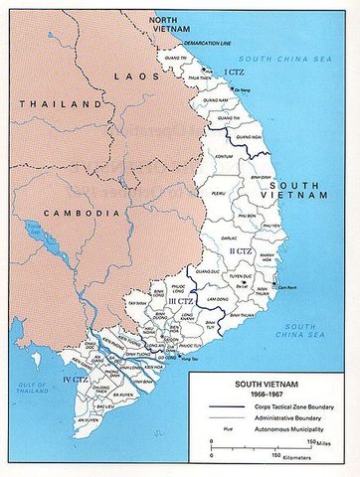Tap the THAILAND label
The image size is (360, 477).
click(x=39, y=103)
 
